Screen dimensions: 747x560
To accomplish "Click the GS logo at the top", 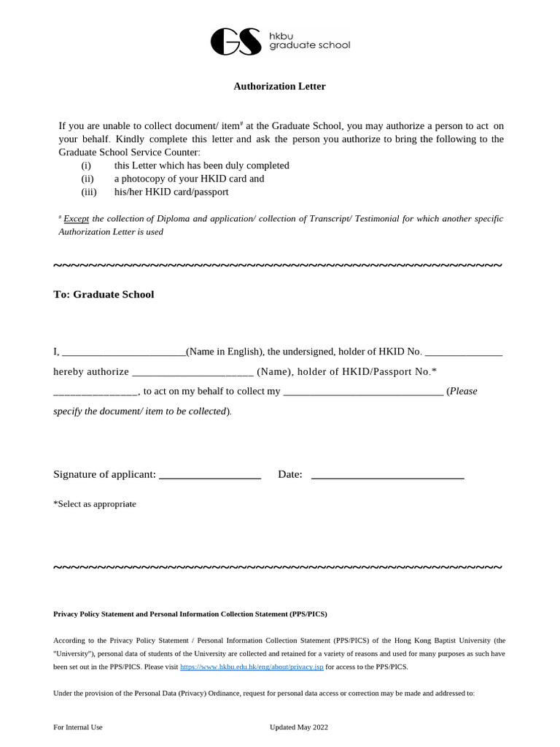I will (x=235, y=42).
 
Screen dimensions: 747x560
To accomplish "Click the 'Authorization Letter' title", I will (x=279, y=86).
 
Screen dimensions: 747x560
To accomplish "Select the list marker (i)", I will (x=86, y=166).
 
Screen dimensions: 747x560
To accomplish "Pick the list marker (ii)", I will (x=87, y=179).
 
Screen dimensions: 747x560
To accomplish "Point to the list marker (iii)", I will (x=88, y=192).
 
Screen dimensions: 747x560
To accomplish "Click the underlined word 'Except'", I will (x=76, y=219).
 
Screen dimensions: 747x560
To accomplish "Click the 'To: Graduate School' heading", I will (x=104, y=295).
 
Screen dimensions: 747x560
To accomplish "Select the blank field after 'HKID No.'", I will (x=463, y=352).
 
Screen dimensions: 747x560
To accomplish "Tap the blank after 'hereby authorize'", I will (x=192, y=372).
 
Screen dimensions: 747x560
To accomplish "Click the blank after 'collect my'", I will (x=362, y=392).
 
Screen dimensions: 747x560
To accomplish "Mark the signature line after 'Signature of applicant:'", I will (x=210, y=476).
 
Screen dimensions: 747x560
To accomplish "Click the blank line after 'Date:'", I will (x=387, y=476).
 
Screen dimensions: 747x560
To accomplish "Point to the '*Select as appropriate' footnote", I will (x=95, y=504).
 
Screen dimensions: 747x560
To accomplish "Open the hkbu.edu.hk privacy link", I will (x=252, y=667).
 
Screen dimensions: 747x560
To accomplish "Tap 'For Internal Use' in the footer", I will (x=78, y=727).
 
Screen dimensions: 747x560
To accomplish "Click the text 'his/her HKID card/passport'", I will (x=171, y=192).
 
